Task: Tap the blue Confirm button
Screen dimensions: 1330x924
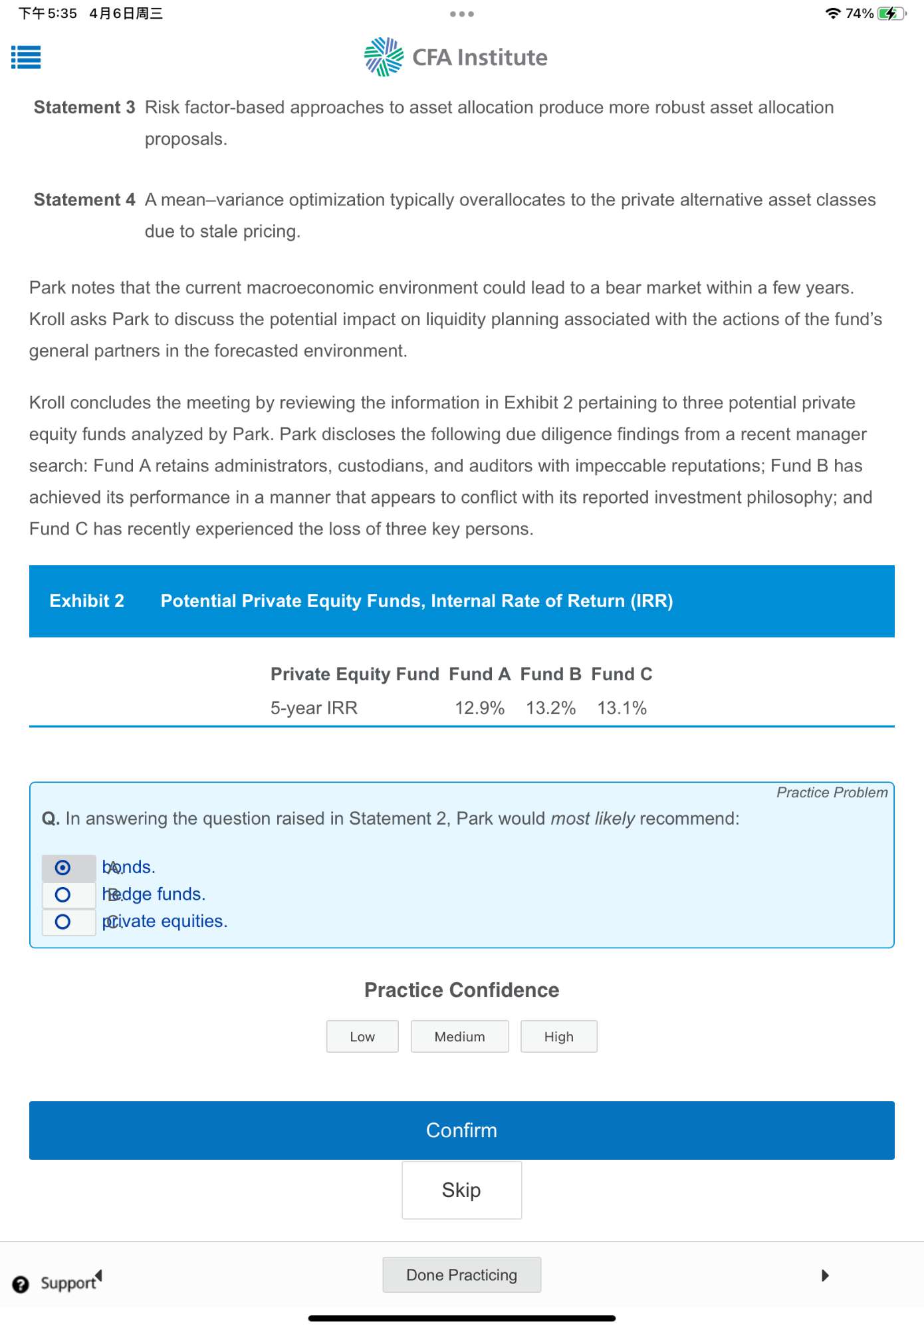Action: point(461,1130)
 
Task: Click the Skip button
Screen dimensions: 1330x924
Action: point(461,1190)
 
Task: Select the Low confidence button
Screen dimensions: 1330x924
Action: point(362,1036)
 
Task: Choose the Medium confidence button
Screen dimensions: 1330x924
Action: point(459,1036)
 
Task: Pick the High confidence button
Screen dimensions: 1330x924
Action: point(558,1036)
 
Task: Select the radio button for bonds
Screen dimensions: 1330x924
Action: point(62,867)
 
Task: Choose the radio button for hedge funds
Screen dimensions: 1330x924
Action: point(62,894)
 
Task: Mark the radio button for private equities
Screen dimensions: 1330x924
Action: point(62,922)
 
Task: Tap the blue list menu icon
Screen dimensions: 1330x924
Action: point(26,57)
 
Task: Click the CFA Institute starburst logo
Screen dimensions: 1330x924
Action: point(384,57)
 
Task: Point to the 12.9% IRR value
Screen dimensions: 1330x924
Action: point(479,708)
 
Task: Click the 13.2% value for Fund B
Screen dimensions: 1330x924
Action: point(550,708)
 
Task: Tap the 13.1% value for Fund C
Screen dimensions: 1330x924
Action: point(622,708)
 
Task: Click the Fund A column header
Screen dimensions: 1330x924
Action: point(479,674)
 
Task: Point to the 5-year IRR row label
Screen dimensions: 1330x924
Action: point(314,708)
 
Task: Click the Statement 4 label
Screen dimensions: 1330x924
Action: point(84,199)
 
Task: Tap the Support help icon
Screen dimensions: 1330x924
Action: point(21,1284)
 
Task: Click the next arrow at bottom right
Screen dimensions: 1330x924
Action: point(825,1275)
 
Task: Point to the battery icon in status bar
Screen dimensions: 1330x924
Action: point(890,13)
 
